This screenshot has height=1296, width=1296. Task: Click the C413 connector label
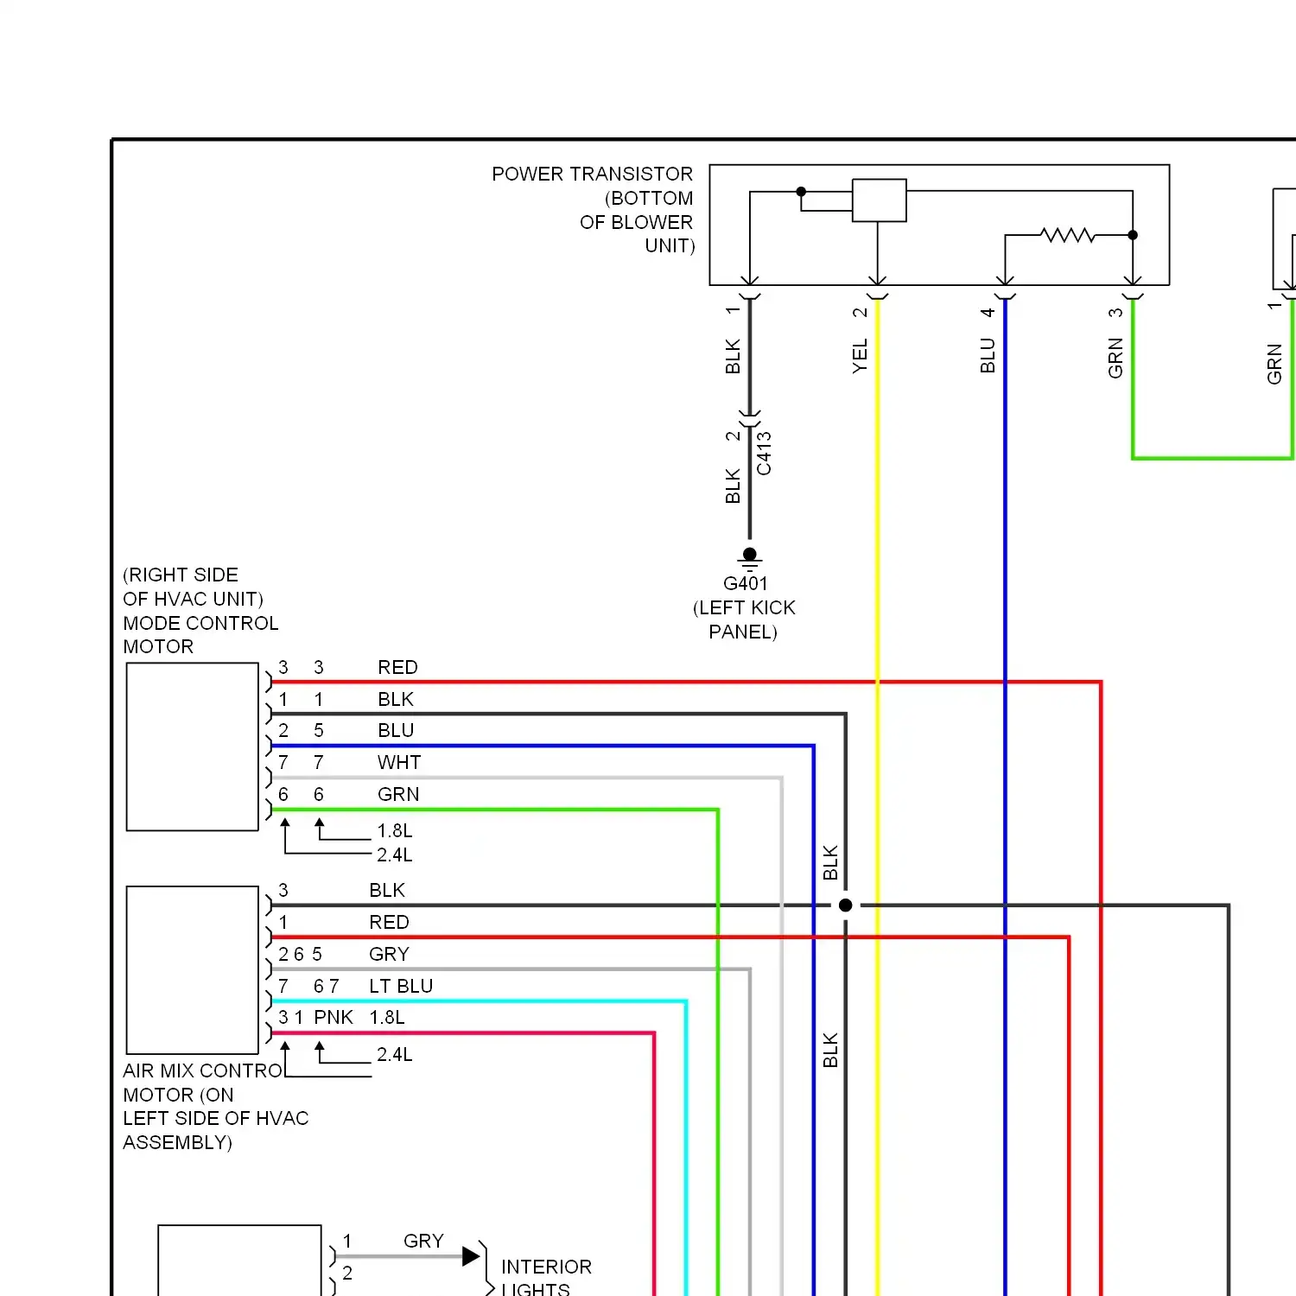tap(764, 454)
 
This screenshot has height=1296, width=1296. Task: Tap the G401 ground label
tap(745, 584)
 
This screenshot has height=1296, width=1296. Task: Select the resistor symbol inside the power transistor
tap(1067, 235)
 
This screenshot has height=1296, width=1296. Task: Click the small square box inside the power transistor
tap(879, 200)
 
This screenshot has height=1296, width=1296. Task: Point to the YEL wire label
tap(860, 356)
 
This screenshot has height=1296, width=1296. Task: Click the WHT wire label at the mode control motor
tap(399, 763)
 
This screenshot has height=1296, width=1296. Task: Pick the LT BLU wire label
tap(401, 986)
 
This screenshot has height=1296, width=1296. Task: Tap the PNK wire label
tap(334, 1018)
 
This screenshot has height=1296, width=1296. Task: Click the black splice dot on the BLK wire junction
tap(846, 905)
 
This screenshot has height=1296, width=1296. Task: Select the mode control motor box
tap(193, 746)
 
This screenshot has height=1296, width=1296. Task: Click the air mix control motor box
tap(193, 969)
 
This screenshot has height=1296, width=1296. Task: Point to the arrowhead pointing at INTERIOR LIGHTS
tap(471, 1256)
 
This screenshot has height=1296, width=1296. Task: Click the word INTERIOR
tap(546, 1267)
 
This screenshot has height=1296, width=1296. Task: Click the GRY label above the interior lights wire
tap(423, 1242)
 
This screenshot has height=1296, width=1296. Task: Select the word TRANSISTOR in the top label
tap(634, 175)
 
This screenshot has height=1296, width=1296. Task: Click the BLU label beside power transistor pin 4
tap(988, 356)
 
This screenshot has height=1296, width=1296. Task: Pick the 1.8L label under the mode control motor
tap(395, 831)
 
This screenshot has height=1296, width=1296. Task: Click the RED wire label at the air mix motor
tap(389, 923)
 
